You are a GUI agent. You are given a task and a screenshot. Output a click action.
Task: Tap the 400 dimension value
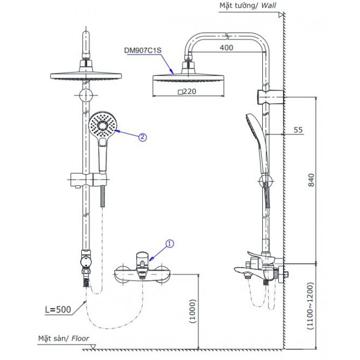pyautogui.click(x=226, y=48)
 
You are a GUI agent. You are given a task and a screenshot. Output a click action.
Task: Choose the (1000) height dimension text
pyautogui.click(x=194, y=311)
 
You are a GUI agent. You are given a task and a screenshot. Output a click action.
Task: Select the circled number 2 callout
pyautogui.click(x=142, y=137)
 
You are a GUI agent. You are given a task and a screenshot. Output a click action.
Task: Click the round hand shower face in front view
pyautogui.click(x=103, y=125)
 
